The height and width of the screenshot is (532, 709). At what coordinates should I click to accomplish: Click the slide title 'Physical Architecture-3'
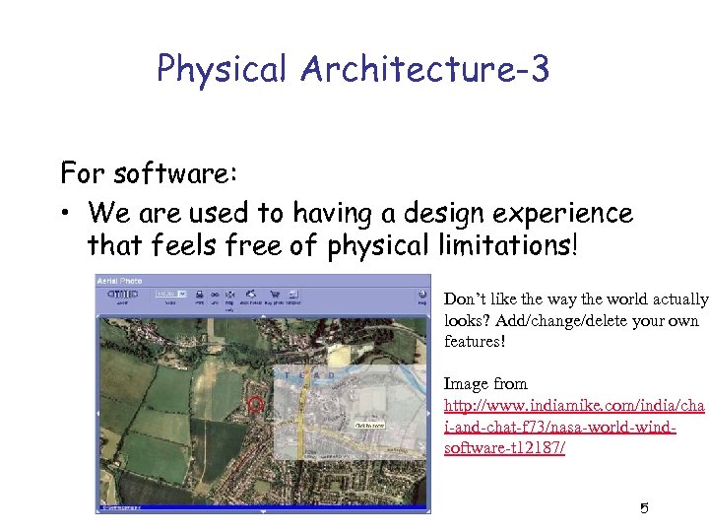point(353,68)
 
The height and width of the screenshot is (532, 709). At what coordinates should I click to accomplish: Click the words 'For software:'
point(149,173)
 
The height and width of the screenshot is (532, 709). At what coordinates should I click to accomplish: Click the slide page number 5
point(644,508)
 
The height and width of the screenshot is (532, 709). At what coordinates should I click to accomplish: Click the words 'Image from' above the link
point(485,383)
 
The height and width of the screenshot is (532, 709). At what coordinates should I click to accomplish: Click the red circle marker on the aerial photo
point(256,403)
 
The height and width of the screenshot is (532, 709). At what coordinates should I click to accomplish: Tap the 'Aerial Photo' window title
point(119,281)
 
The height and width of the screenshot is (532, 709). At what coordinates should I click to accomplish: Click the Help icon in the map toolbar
point(421,295)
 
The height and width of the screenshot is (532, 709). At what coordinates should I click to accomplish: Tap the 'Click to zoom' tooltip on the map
point(368,426)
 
